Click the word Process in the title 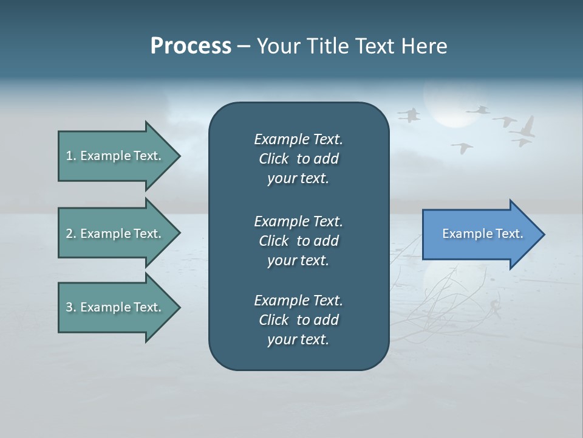click(191, 46)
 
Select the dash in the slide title click(244, 47)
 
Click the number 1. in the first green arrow click(71, 156)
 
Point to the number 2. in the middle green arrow click(71, 234)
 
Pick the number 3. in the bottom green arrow click(71, 307)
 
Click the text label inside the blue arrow click(482, 234)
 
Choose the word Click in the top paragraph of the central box click(274, 159)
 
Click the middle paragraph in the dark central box click(298, 241)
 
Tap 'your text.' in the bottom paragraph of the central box click(298, 339)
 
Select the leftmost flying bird click(409, 114)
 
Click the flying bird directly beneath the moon click(462, 147)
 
